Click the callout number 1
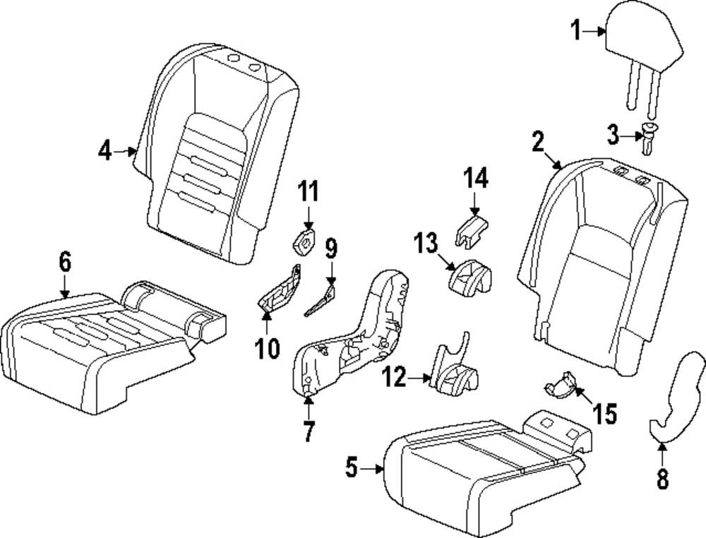tap(577, 30)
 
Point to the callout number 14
tap(475, 179)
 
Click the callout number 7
tap(309, 431)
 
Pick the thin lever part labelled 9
tap(321, 298)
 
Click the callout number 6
tap(65, 263)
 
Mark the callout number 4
tap(105, 150)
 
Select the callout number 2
tap(538, 143)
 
